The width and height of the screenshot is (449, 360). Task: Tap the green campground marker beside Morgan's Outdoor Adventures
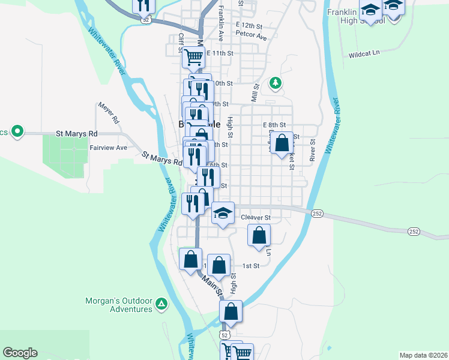pyautogui.click(x=161, y=304)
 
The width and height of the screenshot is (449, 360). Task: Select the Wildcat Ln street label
pyautogui.click(x=364, y=54)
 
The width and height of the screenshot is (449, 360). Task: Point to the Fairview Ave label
pyautogui.click(x=108, y=148)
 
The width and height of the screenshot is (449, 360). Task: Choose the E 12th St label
pyautogui.click(x=250, y=26)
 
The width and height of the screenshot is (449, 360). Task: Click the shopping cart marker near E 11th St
pyautogui.click(x=193, y=58)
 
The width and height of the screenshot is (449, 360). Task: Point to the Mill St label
pyautogui.click(x=255, y=94)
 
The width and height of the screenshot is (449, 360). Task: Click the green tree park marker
pyautogui.click(x=276, y=82)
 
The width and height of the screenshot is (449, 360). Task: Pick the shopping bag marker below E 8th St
pyautogui.click(x=282, y=143)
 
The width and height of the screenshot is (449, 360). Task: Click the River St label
pyautogui.click(x=313, y=151)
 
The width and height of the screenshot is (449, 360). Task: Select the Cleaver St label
pyautogui.click(x=256, y=217)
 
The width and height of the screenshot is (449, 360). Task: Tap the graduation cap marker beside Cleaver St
pyautogui.click(x=223, y=213)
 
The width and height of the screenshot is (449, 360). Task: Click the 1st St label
pyautogui.click(x=250, y=265)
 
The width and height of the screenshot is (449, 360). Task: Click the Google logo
pyautogui.click(x=20, y=353)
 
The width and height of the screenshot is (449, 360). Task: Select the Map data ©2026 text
pyautogui.click(x=423, y=355)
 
